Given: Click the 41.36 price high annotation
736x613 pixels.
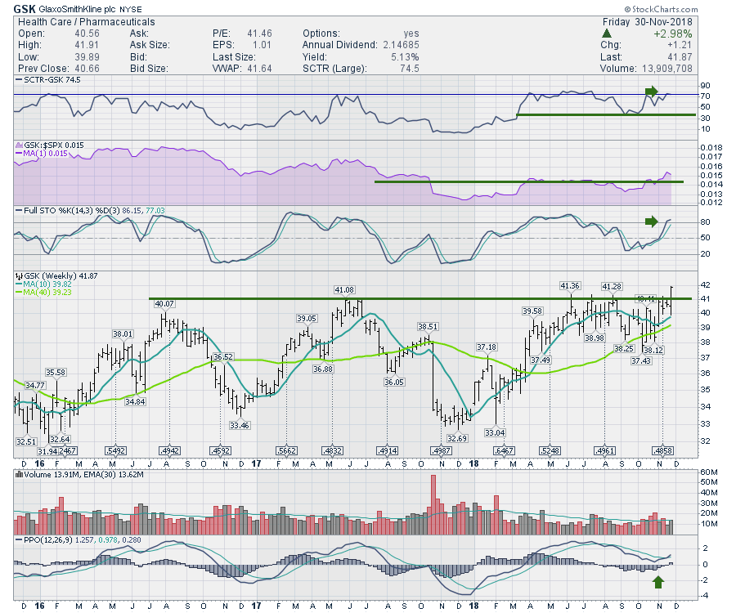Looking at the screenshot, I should click(570, 285).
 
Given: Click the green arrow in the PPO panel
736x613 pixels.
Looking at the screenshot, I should click(660, 582).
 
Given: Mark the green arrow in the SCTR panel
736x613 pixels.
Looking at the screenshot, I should click(651, 90).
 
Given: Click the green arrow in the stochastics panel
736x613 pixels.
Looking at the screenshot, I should click(651, 221).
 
